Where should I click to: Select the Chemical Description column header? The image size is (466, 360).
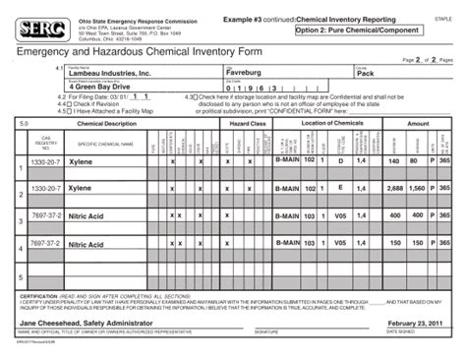[x=107, y=124]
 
